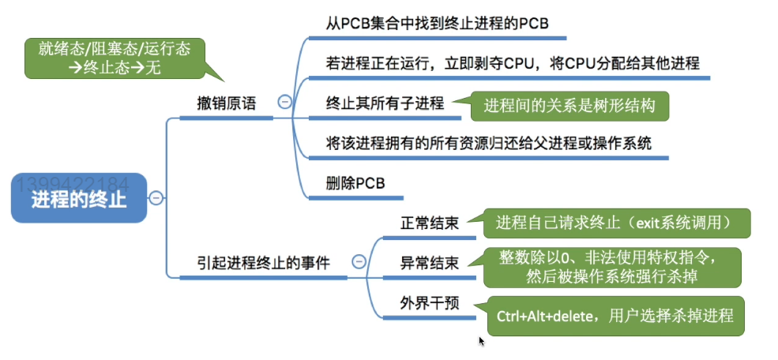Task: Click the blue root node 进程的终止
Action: coord(79,197)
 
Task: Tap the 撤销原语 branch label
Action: coord(227,103)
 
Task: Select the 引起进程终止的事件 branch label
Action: coord(265,261)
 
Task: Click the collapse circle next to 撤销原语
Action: coord(284,102)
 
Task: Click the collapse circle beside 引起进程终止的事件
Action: coord(359,261)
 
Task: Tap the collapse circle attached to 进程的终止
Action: coord(156,197)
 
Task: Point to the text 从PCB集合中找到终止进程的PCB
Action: coord(437,24)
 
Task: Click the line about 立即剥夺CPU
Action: coord(513,62)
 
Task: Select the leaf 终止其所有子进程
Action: coord(385,103)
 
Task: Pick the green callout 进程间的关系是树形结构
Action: coord(569,105)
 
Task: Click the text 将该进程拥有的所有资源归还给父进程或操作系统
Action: coord(489,144)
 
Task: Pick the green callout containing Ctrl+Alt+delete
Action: coord(615,316)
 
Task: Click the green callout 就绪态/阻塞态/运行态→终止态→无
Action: coord(115,58)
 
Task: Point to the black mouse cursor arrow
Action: coord(482,341)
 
